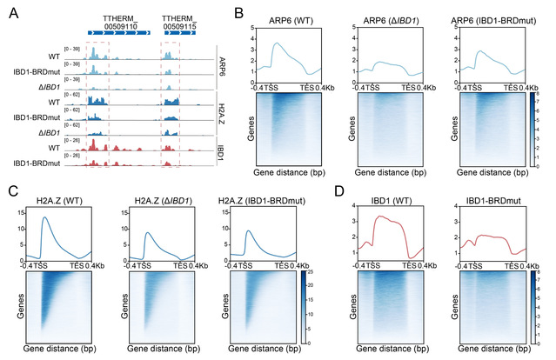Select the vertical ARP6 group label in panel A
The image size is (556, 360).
click(224, 68)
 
